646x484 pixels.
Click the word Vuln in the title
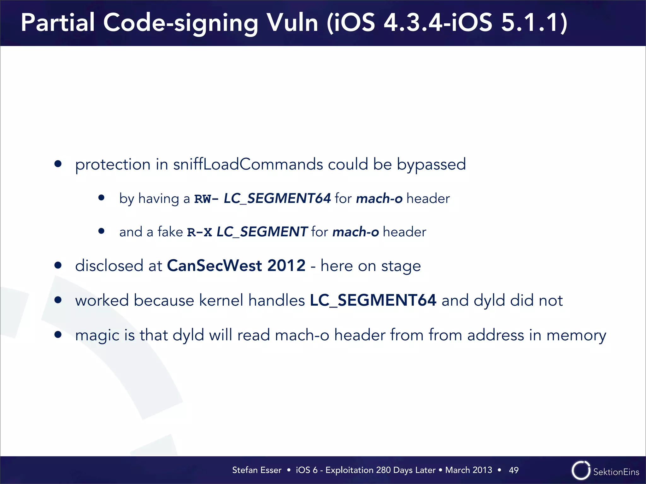click(292, 23)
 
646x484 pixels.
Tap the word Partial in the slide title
click(58, 23)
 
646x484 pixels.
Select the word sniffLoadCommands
click(248, 164)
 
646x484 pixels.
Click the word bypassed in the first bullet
click(431, 164)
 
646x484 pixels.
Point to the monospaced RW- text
click(206, 199)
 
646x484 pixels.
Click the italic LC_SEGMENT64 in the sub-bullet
click(277, 199)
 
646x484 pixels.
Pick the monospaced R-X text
click(199, 232)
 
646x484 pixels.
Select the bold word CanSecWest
click(214, 266)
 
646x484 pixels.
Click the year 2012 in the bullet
click(286, 266)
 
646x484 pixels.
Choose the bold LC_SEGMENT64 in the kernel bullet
click(373, 300)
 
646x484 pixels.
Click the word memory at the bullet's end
click(576, 335)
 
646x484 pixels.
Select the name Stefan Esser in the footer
click(257, 470)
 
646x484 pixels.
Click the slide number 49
click(514, 470)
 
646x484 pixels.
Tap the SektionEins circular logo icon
click(581, 470)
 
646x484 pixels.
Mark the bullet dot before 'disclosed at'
click(58, 265)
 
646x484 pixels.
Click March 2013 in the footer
click(468, 470)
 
